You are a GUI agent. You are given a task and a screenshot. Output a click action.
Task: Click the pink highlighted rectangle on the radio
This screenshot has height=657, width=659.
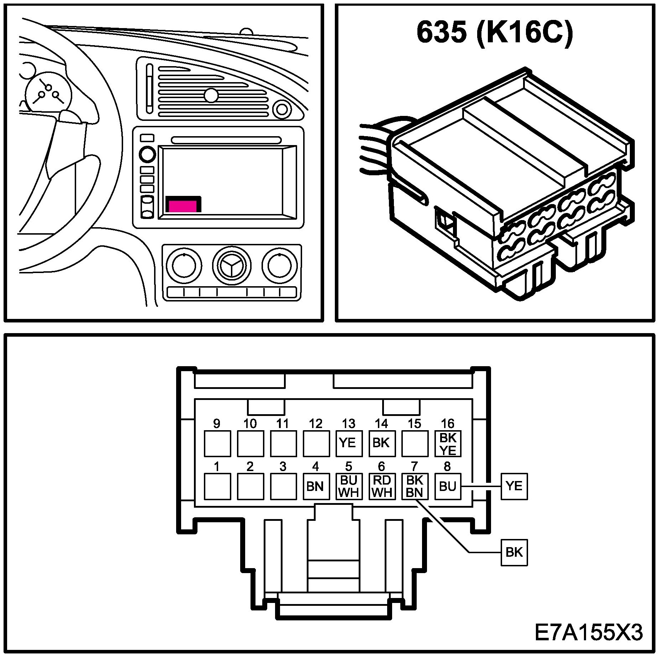click(x=183, y=206)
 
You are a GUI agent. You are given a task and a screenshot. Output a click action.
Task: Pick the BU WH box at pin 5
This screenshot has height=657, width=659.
click(x=349, y=486)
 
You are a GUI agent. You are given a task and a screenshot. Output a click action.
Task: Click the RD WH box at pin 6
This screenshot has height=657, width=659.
click(x=382, y=486)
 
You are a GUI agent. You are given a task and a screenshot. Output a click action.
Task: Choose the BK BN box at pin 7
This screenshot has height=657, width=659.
click(x=415, y=486)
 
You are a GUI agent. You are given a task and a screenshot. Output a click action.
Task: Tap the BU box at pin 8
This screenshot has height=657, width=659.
click(x=448, y=486)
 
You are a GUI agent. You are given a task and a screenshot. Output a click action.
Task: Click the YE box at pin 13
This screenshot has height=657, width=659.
click(x=349, y=443)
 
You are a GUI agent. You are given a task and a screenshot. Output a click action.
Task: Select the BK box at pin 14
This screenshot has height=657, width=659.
click(x=382, y=443)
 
